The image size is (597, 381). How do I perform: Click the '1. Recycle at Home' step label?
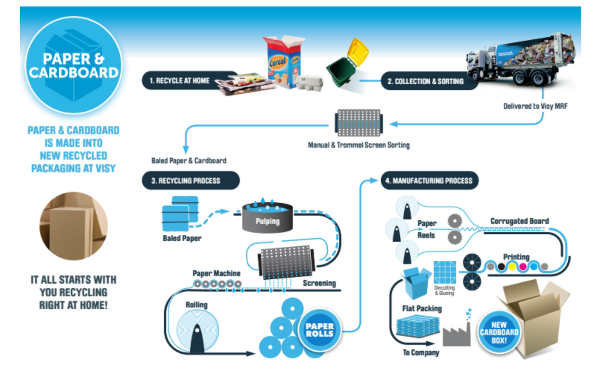pos(179,81)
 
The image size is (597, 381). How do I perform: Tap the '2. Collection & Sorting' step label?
pos(425,81)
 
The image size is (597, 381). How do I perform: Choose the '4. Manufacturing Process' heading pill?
pos(428,181)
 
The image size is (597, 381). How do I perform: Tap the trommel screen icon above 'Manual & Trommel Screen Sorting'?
pos(359,123)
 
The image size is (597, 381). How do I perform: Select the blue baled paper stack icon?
pos(180,214)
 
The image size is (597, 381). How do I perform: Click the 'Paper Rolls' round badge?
pos(319,330)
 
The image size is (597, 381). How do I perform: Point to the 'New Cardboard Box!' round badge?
pos(499,332)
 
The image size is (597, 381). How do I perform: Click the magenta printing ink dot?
pos(523,267)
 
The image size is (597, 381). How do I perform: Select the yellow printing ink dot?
pos(512,267)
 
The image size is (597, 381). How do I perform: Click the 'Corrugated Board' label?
pos(519,221)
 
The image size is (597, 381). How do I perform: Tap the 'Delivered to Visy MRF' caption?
pos(535,106)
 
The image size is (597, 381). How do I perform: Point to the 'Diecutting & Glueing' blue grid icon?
pos(445,272)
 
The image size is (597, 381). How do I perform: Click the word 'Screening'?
pos(319,283)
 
